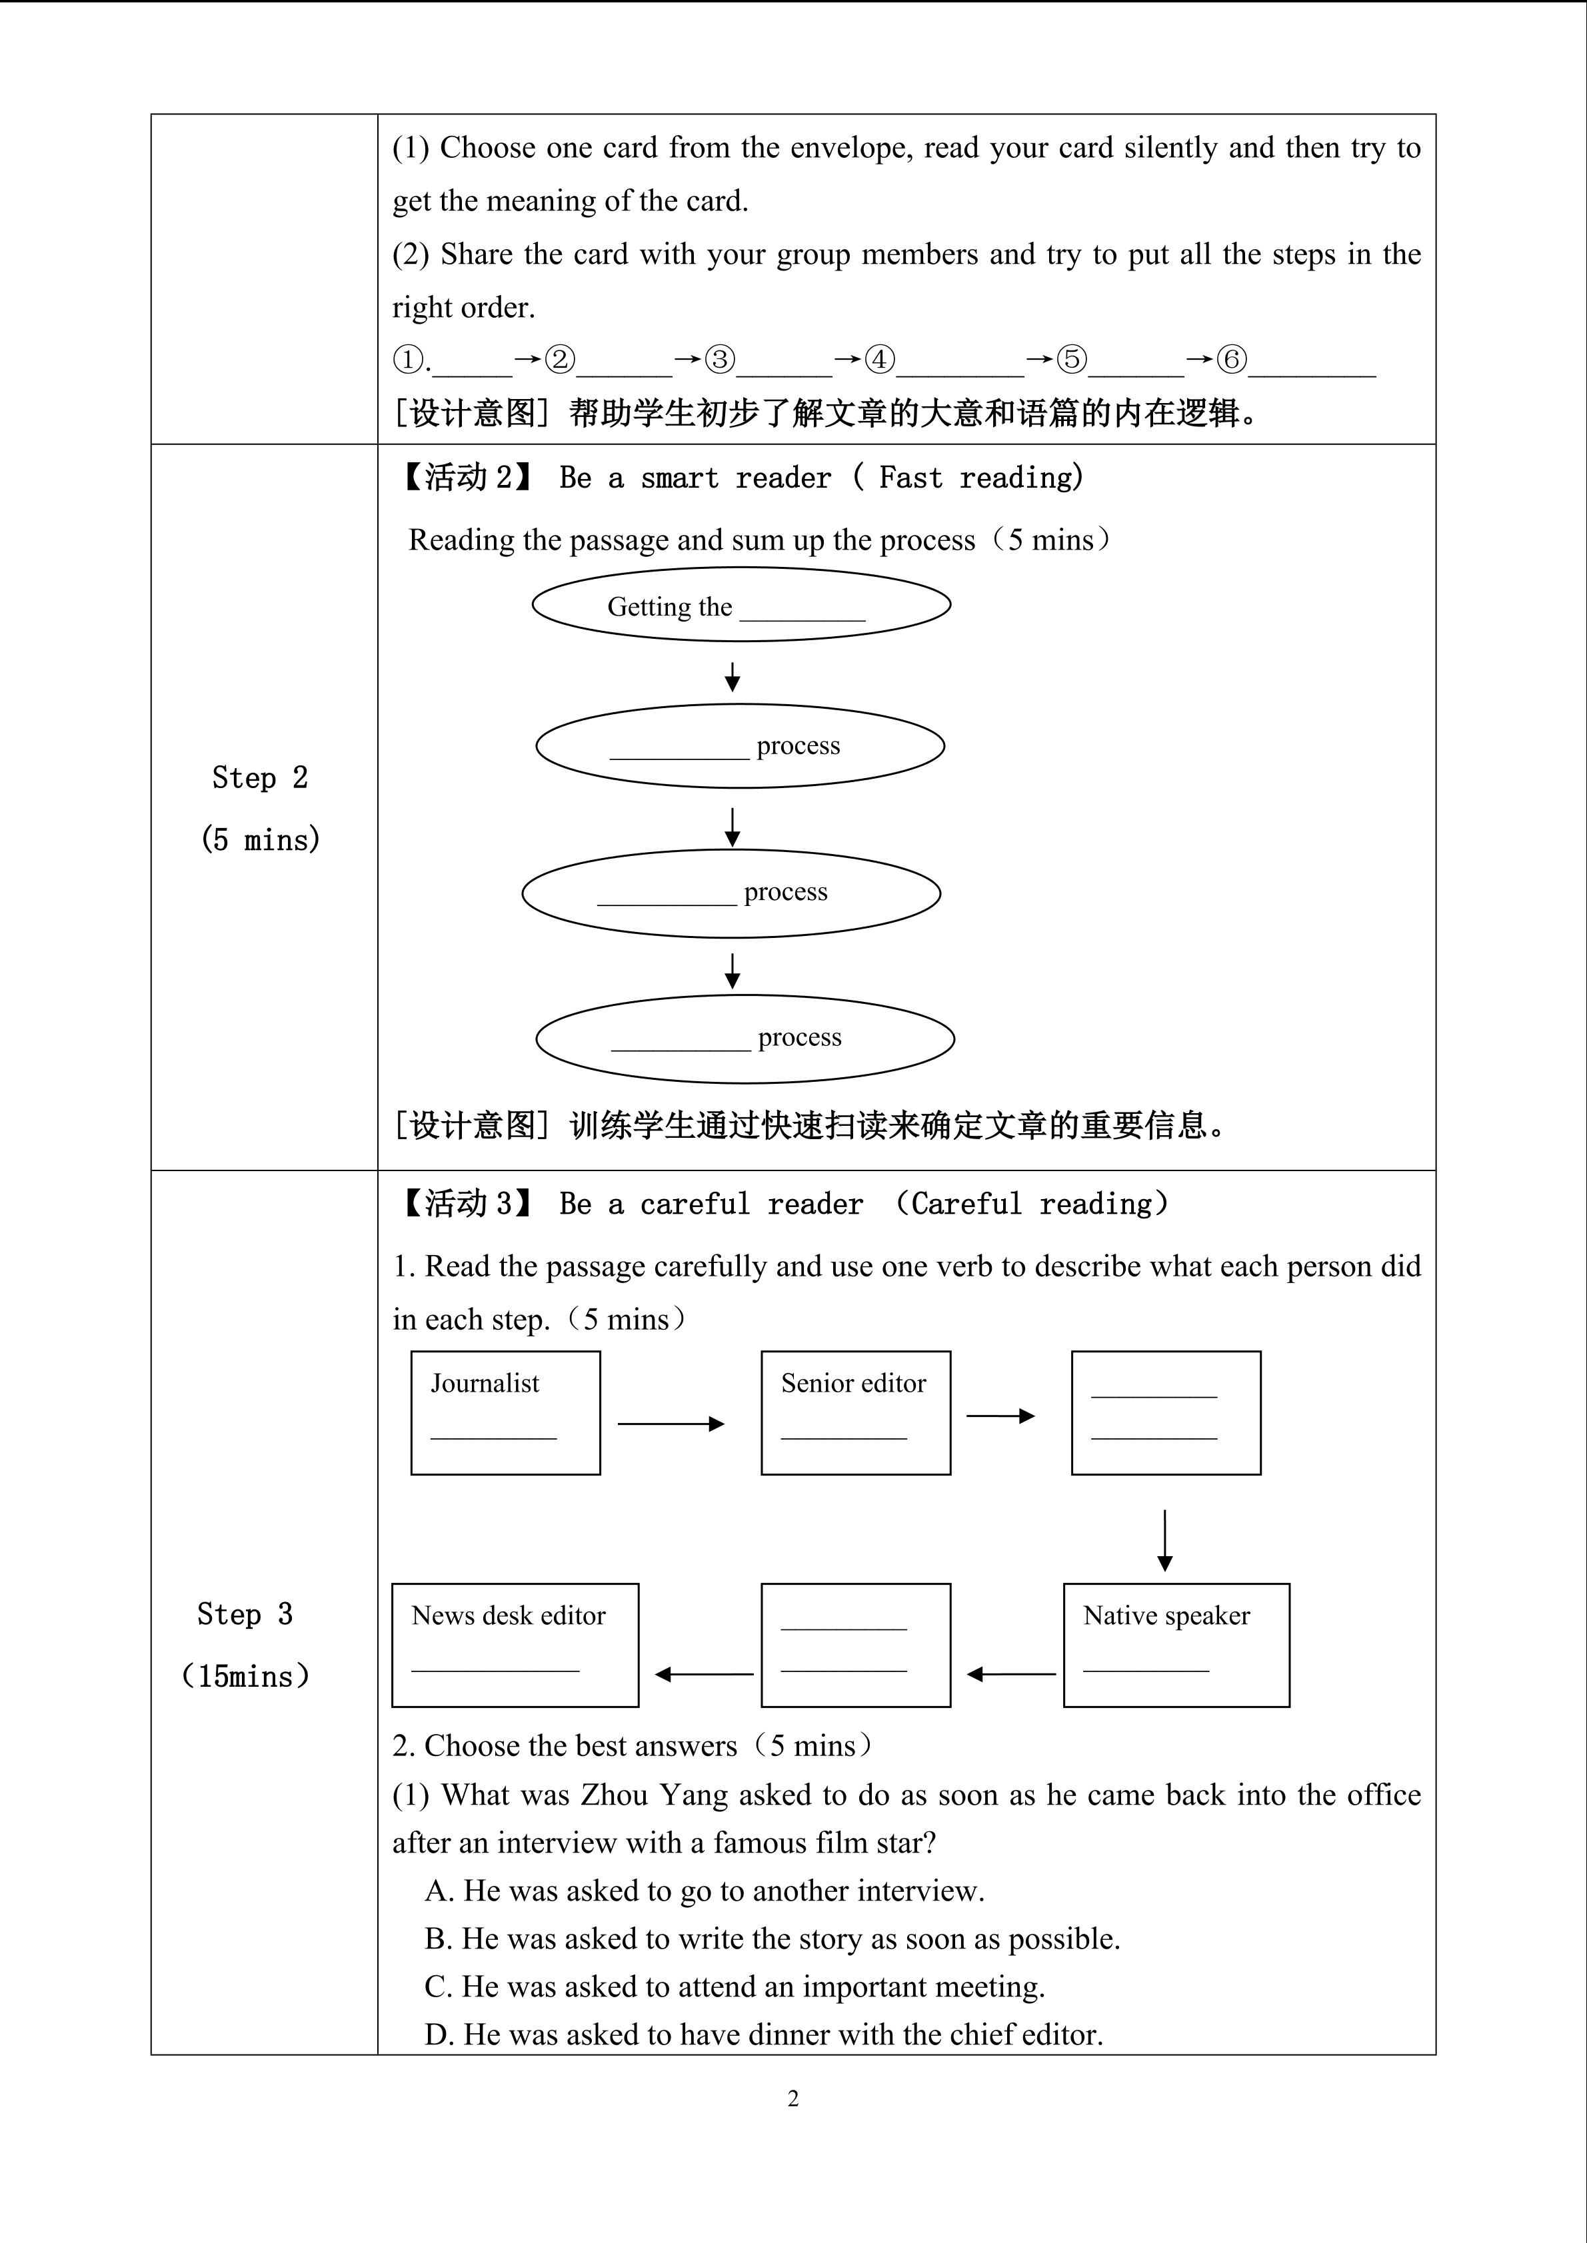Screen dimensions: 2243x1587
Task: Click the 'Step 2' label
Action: tap(259, 777)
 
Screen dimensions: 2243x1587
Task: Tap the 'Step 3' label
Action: tap(245, 1614)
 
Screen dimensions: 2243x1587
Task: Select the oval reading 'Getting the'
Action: tap(741, 605)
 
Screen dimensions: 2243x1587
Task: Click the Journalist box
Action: tap(505, 1413)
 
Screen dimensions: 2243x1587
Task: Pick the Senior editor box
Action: tap(855, 1413)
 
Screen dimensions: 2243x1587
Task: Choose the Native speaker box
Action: tap(1176, 1645)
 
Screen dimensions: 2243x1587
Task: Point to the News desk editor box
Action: tap(515, 1645)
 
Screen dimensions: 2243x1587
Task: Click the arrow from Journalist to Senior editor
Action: tap(671, 1424)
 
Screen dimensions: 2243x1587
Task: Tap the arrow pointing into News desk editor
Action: tap(704, 1675)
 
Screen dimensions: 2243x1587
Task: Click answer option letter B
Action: tap(436, 1939)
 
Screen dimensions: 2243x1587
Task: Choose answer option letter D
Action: tap(436, 2035)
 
